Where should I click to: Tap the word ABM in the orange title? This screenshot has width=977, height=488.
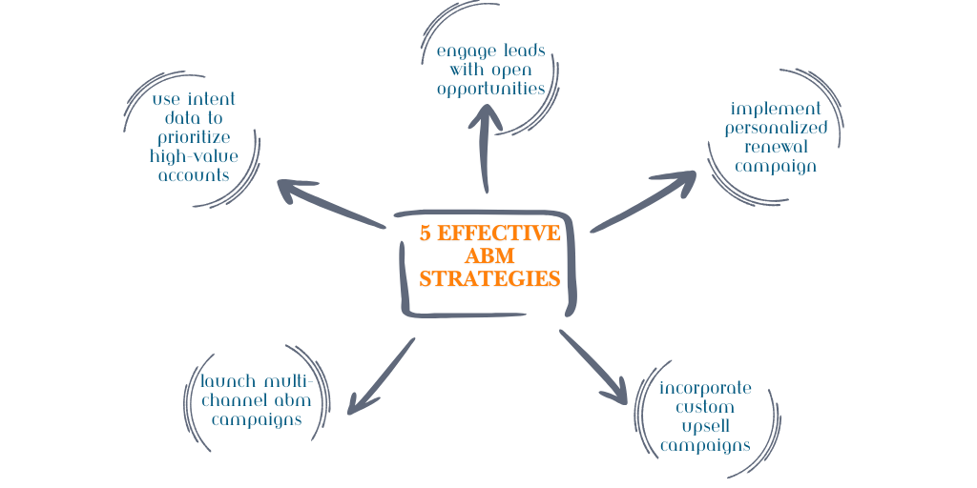pyautogui.click(x=489, y=256)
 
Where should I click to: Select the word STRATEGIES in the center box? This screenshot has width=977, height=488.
pyautogui.click(x=489, y=279)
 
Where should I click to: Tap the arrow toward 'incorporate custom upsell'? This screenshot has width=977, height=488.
pyautogui.click(x=595, y=368)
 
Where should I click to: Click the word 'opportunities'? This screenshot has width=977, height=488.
pyautogui.click(x=490, y=89)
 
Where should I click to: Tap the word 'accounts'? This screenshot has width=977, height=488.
pyautogui.click(x=194, y=174)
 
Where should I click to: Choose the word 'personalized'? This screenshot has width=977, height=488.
pyautogui.click(x=775, y=128)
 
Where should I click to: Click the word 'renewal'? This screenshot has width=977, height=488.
pyautogui.click(x=775, y=147)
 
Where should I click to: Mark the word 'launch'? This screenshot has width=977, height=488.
pyautogui.click(x=228, y=381)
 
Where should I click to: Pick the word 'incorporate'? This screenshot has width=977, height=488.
pyautogui.click(x=705, y=388)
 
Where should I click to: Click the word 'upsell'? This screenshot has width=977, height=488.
pyautogui.click(x=705, y=426)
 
